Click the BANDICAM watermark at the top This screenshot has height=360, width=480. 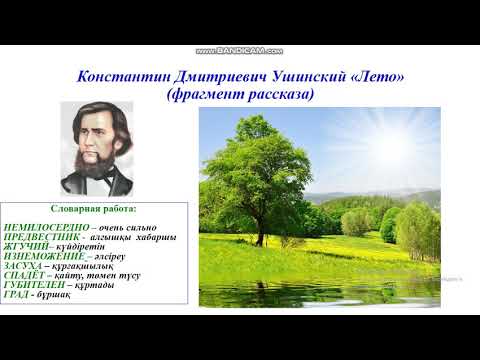(239, 50)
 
